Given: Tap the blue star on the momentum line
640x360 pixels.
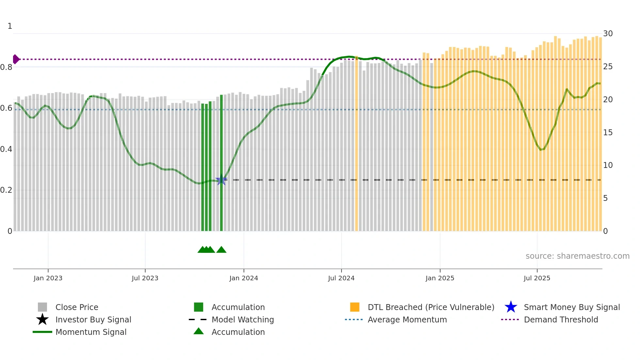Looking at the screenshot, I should pos(221,180).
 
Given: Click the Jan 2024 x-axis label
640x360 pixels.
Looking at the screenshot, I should pos(244,278).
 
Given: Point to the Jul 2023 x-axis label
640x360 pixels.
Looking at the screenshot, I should pos(145,278).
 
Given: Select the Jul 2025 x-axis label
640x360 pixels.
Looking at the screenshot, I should pos(537,278).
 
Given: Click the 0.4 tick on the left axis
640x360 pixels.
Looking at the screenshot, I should pos(6,149).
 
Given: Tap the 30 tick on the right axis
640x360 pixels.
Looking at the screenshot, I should pos(608,34).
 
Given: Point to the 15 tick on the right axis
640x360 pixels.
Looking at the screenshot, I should pos(608,133).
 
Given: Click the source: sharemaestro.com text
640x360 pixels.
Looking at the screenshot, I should pos(577,256).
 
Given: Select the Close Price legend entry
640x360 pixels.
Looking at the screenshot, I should pos(76,307).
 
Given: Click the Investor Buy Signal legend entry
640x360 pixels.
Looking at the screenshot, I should pos(93,319).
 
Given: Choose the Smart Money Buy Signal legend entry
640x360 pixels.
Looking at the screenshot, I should pos(571,307).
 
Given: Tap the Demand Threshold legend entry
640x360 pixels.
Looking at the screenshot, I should pos(561,319).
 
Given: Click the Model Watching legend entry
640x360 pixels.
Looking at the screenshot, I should pos(242,319).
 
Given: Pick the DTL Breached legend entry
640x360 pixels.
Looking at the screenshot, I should pos(431,307).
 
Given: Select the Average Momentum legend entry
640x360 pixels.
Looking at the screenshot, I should pos(407,319).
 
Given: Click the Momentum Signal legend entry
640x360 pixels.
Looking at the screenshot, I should pos(91,332).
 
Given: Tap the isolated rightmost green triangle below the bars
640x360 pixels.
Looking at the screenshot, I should pos(221,250).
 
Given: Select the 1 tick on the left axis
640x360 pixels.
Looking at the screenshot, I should pos(10,26).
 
